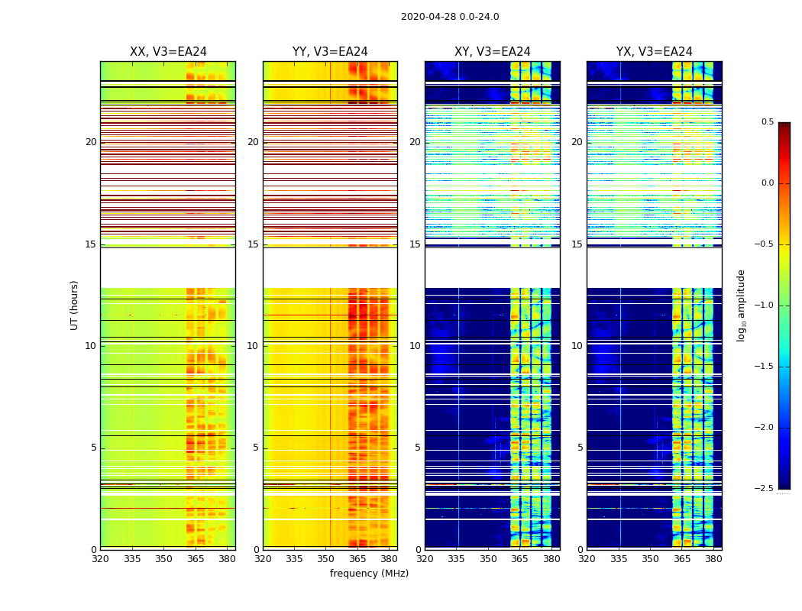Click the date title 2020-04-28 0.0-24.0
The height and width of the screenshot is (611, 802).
tap(450, 17)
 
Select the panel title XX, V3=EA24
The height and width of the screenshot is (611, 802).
tap(168, 52)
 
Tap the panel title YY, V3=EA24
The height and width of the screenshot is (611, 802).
tap(330, 52)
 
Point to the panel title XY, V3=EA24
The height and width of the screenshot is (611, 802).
tap(493, 52)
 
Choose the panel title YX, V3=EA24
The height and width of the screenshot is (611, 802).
tap(655, 52)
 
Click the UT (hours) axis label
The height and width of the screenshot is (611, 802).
tap(74, 305)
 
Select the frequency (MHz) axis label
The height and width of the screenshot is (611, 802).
tap(369, 574)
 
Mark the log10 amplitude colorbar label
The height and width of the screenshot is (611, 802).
tap(741, 305)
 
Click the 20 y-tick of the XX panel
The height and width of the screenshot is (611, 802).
tap(91, 142)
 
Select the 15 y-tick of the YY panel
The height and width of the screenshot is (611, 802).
tap(253, 244)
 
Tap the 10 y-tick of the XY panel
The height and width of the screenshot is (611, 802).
tap(415, 346)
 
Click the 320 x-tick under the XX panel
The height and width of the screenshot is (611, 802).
tap(100, 559)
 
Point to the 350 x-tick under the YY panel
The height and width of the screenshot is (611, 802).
tap(326, 559)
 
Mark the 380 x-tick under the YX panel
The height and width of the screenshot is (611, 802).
tap(713, 559)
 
